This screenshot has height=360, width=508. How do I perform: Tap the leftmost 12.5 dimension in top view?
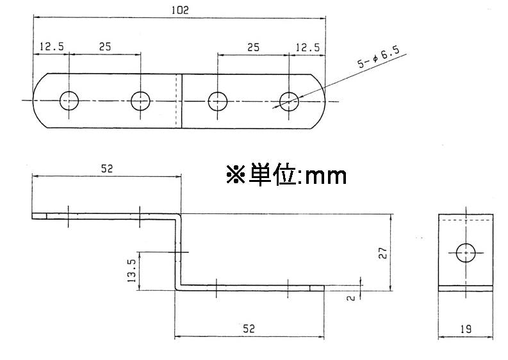[x=51, y=47]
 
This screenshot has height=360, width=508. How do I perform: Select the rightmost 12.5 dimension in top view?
[x=307, y=47]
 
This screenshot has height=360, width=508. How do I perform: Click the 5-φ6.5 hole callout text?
[x=378, y=57]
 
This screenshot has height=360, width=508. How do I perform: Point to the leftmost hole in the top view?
[x=69, y=101]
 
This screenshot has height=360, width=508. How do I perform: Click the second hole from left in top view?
[x=140, y=101]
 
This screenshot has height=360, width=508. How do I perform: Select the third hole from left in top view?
[x=218, y=101]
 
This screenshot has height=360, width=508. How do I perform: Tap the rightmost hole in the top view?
[x=289, y=101]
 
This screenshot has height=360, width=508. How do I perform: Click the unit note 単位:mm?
[x=286, y=175]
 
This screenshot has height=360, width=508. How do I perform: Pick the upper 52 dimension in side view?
[x=106, y=168]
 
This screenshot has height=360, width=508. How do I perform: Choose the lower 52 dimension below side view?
[x=249, y=328]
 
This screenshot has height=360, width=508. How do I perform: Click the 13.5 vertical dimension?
[x=131, y=271]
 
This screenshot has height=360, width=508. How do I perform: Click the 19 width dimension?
[x=466, y=329]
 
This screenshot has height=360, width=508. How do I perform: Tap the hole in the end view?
[x=466, y=252]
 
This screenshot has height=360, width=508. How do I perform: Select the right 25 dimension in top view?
[x=253, y=47]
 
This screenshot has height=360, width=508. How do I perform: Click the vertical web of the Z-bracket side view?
[x=178, y=250]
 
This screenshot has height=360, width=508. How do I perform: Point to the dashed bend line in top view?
[x=175, y=101]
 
